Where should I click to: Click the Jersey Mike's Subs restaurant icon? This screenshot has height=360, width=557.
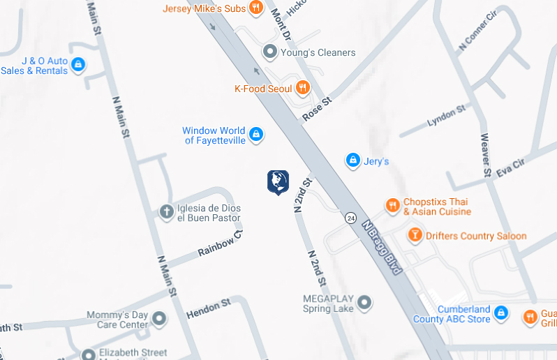(x=256, y=8)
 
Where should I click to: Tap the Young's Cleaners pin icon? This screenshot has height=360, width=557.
(x=270, y=52)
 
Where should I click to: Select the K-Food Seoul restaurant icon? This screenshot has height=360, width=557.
(x=302, y=88)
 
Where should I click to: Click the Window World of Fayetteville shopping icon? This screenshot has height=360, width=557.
(x=256, y=134)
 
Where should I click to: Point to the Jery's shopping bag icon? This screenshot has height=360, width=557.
(x=353, y=161)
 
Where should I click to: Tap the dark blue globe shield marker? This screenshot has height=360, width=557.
(x=278, y=182)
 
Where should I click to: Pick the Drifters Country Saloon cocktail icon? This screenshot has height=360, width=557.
(x=415, y=235)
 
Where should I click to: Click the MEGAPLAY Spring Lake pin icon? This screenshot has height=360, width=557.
(x=364, y=303)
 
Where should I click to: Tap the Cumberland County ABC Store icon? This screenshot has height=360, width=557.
(x=501, y=314)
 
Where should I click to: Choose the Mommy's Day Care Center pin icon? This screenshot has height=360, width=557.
(x=159, y=320)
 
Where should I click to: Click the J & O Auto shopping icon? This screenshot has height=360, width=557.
(x=78, y=66)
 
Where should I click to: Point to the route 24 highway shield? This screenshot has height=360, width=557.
(x=350, y=218)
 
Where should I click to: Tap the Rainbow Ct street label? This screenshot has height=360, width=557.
(x=220, y=242)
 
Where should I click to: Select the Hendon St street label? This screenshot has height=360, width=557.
(x=208, y=309)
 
